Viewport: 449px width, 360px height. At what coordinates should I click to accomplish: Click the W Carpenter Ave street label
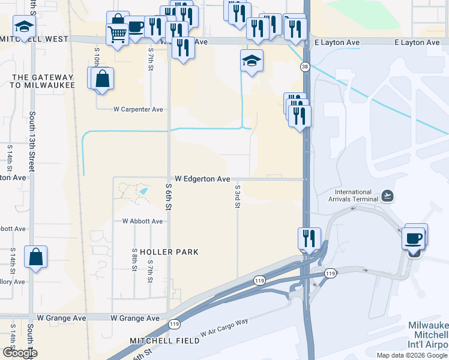[139, 110]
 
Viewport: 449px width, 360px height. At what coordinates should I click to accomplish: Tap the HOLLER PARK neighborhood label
[160, 251]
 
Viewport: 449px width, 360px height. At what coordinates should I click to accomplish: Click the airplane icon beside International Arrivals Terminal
[387, 196]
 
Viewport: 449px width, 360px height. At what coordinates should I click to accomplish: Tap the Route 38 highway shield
[306, 68]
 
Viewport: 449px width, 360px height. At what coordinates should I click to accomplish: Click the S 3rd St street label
[238, 197]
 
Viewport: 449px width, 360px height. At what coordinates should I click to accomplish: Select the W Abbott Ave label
[142, 221]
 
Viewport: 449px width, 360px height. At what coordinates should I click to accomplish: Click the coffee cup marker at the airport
[414, 238]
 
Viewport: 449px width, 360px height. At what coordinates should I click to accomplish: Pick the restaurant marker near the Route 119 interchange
[310, 238]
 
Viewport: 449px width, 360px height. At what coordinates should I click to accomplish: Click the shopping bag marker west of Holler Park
[36, 256]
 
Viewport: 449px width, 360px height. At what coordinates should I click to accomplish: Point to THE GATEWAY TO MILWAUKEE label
[43, 82]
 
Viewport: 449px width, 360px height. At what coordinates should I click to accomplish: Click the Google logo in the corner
[20, 353]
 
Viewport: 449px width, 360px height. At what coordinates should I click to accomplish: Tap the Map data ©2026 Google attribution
[411, 355]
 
